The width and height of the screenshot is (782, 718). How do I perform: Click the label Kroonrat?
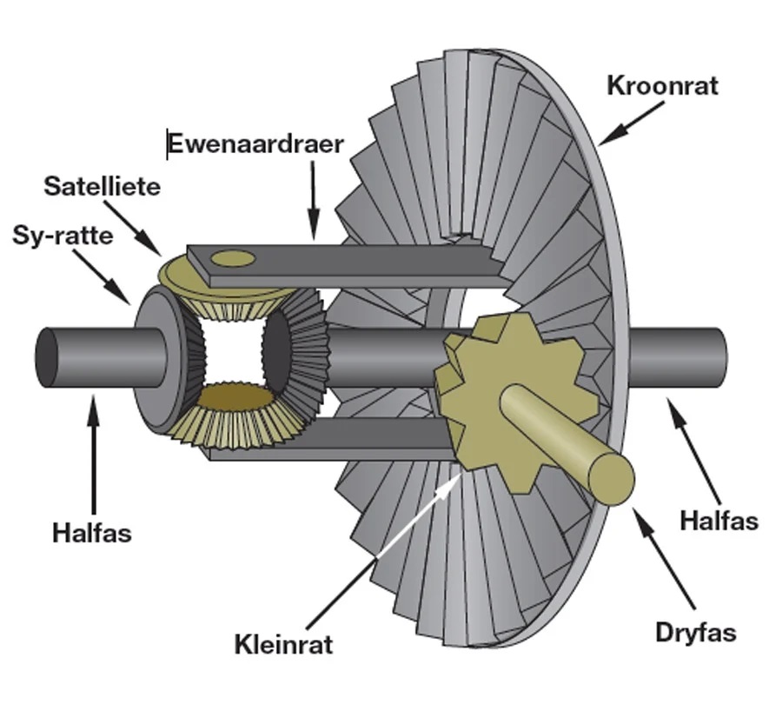pos(663,86)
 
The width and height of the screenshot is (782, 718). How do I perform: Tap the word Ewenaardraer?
pos(255,143)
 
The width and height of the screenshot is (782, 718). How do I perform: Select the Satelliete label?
pos(103,186)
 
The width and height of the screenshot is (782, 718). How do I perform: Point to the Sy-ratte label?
pos(63,235)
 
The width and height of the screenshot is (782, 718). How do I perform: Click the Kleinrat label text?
pos(283,645)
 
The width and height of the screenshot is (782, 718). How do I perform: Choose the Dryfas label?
pos(695,632)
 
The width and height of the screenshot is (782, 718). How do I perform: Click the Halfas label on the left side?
pos(92,532)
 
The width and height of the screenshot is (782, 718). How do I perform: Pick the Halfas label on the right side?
pos(719,521)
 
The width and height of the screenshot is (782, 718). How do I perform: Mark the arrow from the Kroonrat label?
pos(631,123)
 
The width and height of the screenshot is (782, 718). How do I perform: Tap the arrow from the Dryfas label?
pos(665,556)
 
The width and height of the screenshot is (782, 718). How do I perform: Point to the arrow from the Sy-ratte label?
pos(111,280)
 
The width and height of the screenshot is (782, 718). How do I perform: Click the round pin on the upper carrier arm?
pos(233,257)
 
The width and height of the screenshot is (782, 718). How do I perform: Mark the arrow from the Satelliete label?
pos(142,231)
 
